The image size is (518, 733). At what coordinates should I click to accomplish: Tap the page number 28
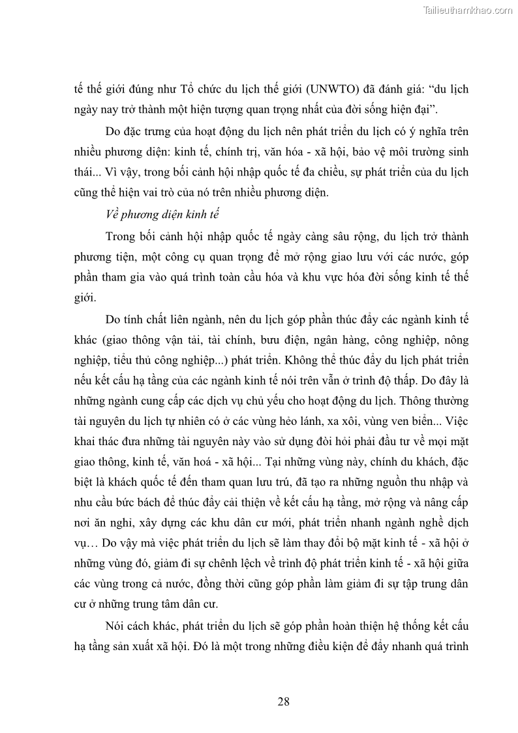coord(283,702)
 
